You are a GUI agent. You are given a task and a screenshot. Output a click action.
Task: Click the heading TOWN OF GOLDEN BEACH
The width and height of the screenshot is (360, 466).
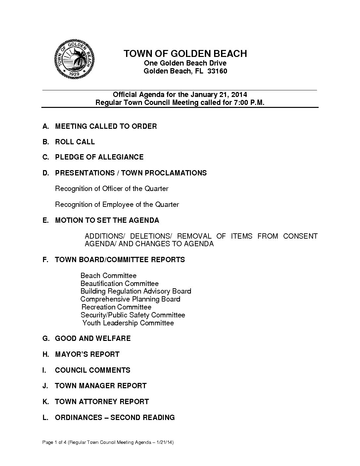click(185, 54)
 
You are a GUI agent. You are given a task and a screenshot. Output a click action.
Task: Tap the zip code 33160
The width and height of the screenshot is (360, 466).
click(217, 71)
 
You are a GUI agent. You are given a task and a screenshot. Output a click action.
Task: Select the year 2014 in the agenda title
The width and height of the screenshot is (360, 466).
click(239, 95)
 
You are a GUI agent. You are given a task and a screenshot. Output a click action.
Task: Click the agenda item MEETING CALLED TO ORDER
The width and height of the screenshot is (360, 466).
click(106, 126)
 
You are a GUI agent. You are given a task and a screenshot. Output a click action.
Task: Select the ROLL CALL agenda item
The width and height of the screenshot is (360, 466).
click(75, 142)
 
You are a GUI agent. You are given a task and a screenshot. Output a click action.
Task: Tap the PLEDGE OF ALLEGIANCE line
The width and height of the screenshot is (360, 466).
click(99, 157)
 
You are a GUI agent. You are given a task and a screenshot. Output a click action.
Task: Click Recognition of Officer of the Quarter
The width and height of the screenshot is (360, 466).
click(112, 189)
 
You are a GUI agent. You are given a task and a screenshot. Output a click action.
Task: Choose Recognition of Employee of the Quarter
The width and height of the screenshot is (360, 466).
click(117, 205)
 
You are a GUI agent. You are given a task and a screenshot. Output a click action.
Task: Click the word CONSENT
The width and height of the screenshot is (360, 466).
click(300, 236)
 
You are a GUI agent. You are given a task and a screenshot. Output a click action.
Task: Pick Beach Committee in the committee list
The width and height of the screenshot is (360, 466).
click(109, 275)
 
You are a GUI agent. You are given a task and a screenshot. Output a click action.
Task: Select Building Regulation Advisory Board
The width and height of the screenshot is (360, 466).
click(136, 291)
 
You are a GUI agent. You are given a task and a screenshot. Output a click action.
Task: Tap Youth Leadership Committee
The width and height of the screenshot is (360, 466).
click(128, 323)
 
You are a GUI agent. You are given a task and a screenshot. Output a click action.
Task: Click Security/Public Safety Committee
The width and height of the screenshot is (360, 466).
click(133, 315)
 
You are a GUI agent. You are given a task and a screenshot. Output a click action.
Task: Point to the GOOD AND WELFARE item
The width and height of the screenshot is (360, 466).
click(93, 338)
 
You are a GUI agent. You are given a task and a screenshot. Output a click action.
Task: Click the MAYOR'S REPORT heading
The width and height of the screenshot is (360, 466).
click(87, 354)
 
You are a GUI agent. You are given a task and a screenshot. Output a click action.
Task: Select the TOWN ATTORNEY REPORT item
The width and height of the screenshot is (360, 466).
click(102, 401)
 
